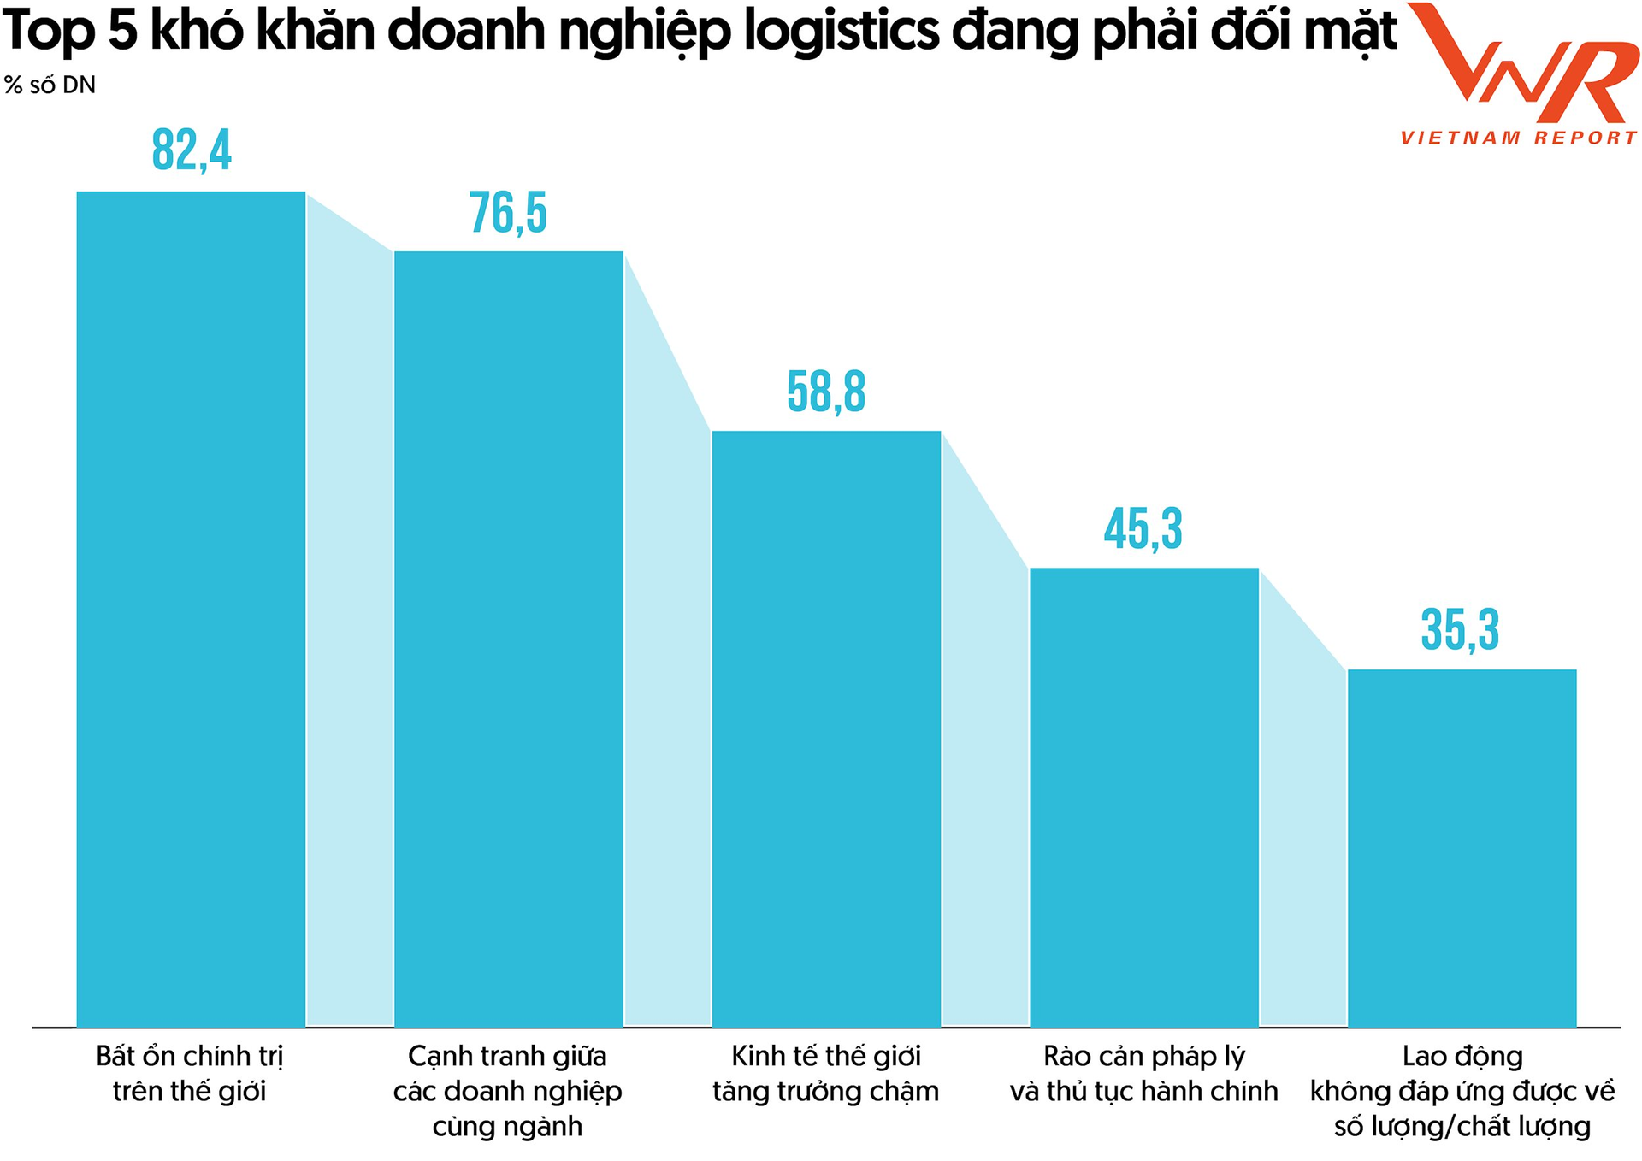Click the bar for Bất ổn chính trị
coord(191,609)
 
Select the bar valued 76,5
coord(508,639)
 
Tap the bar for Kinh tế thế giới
coord(826,728)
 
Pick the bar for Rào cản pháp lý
coord(1143,797)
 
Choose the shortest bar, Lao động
coord(1462,847)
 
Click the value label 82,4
coord(192,150)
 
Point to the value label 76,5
coord(508,213)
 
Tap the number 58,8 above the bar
coord(826,392)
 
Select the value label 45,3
coord(1143,529)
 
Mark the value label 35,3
coord(1461,630)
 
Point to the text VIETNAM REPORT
coord(1519,138)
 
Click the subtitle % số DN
coord(50,85)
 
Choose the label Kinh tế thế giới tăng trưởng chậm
coord(826,1074)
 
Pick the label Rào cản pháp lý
coord(1143,1057)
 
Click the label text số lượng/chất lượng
coord(1462,1127)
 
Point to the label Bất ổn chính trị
coord(189,1057)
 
